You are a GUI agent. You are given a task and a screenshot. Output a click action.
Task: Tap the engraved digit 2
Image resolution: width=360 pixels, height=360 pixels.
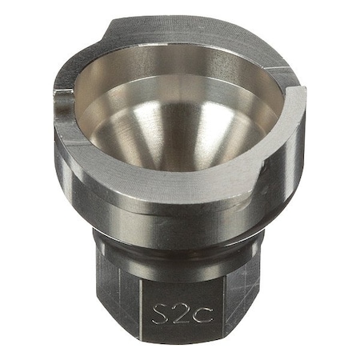(182, 314)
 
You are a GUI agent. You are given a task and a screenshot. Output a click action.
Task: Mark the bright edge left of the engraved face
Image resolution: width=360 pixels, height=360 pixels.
(141, 310)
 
